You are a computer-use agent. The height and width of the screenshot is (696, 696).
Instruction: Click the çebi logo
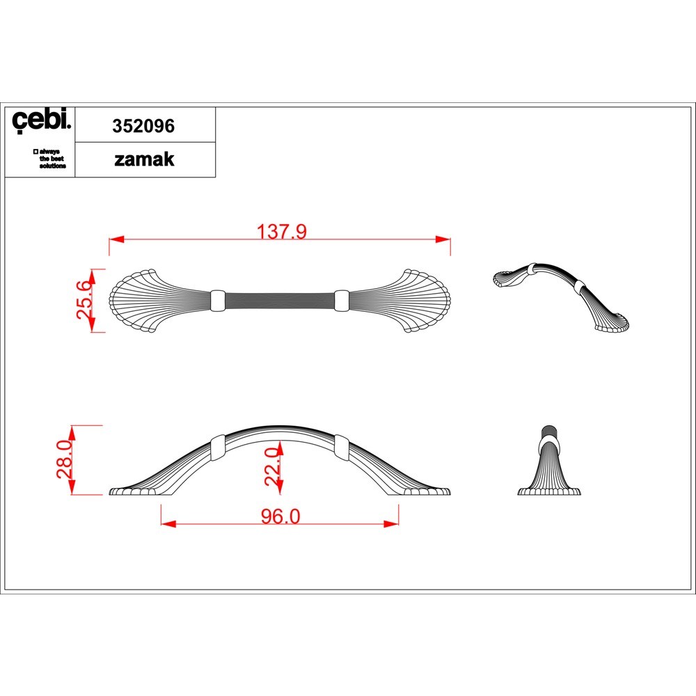coord(41,120)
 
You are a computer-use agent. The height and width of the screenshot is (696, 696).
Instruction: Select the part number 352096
coord(143,126)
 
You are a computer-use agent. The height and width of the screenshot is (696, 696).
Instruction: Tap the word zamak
coord(144,159)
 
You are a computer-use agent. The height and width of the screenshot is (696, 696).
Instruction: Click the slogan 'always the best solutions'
coord(50,159)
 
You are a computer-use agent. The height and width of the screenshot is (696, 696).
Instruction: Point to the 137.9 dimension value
coord(282,231)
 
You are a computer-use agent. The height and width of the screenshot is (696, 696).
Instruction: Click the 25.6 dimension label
coord(85,301)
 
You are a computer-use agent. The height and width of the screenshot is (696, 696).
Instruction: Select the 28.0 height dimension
coord(65,459)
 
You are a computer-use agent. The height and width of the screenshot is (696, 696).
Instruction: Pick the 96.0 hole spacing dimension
coord(280,516)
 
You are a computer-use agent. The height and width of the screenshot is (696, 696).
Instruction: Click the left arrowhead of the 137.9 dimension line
coord(116,239)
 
